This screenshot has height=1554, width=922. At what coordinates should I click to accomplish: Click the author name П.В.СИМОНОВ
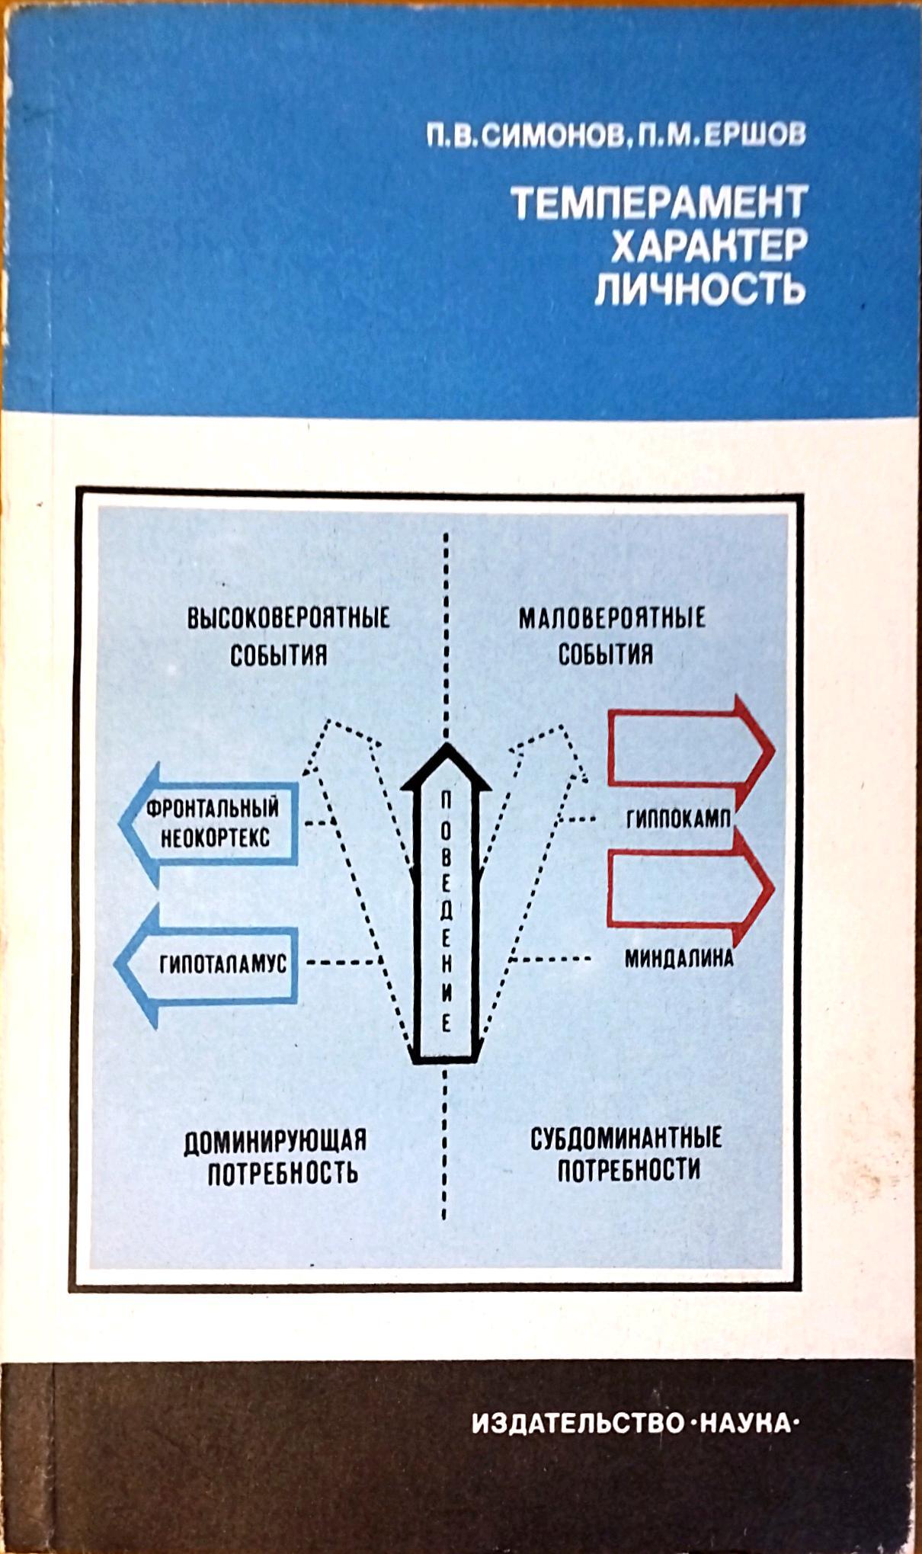tap(524, 135)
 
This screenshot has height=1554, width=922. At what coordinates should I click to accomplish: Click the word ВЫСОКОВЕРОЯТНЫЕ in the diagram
tap(288, 617)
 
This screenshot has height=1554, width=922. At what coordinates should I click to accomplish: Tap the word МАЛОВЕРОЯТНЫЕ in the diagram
tap(612, 617)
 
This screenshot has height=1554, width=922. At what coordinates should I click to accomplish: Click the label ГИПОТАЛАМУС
tap(222, 964)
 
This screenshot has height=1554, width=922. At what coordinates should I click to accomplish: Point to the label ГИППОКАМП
tap(678, 819)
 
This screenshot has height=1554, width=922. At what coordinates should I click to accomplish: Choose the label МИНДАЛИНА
tap(678, 958)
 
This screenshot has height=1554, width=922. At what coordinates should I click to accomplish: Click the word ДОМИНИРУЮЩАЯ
tap(275, 1141)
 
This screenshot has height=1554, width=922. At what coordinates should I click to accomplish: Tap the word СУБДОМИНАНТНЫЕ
tap(626, 1139)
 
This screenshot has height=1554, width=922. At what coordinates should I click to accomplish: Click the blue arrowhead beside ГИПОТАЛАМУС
tap(126, 964)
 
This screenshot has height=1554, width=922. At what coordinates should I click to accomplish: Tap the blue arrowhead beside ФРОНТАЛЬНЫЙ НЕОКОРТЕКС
tap(130, 825)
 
